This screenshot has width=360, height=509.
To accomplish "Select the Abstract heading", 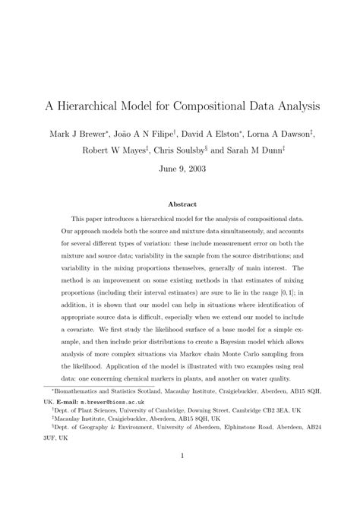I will coord(180,204).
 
